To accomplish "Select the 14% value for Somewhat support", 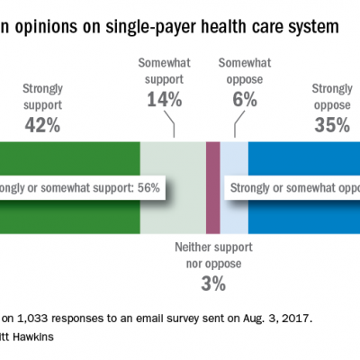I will point(164,101).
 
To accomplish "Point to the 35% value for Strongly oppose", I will point(331,126).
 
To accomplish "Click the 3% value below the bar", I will point(213,285).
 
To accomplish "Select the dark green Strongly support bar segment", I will point(72,216).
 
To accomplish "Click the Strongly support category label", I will point(41,96).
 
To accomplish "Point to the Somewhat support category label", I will point(164,71).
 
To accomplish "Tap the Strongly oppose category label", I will point(332,96).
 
